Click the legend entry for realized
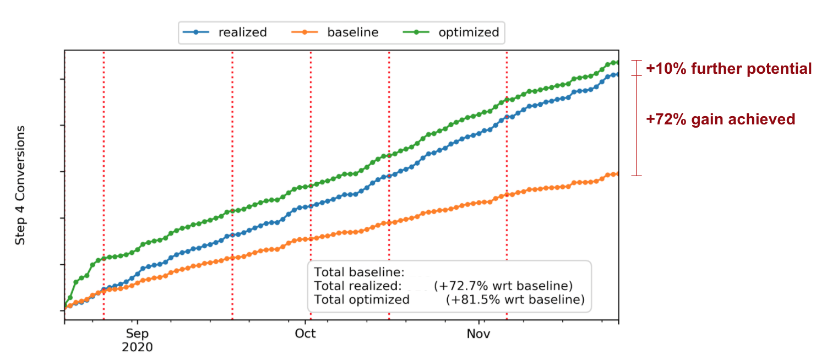click(242, 32)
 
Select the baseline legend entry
click(352, 32)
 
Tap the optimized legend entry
click(469, 32)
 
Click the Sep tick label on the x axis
click(137, 334)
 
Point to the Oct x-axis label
click(305, 334)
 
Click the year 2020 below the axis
click(137, 347)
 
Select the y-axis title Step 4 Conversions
click(20, 185)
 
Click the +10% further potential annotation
click(728, 69)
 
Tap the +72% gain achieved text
click(721, 119)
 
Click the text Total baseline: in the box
click(359, 272)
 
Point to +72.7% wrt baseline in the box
click(503, 286)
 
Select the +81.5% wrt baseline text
click(515, 299)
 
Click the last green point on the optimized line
click(617, 62)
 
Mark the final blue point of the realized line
click(617, 74)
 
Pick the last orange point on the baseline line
click(617, 173)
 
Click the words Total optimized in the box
click(362, 299)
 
